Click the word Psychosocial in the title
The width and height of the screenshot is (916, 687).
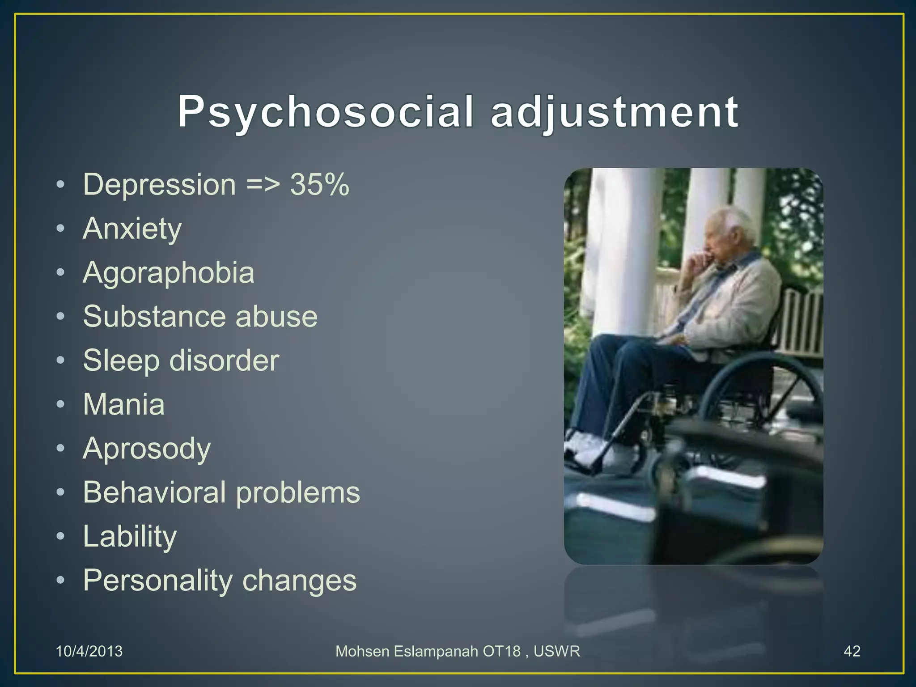click(325, 112)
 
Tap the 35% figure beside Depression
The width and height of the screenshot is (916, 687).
click(319, 184)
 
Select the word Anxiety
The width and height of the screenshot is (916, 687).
click(132, 229)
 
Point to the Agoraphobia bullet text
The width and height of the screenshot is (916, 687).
click(169, 273)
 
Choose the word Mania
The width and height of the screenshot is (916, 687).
click(124, 404)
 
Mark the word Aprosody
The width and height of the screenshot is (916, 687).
click(147, 449)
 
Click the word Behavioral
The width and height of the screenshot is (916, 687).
click(154, 492)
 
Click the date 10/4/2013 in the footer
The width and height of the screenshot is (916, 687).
click(89, 651)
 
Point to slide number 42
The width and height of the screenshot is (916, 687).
click(852, 651)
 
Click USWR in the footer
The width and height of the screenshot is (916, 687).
click(557, 651)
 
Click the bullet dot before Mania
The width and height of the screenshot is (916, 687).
click(61, 404)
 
